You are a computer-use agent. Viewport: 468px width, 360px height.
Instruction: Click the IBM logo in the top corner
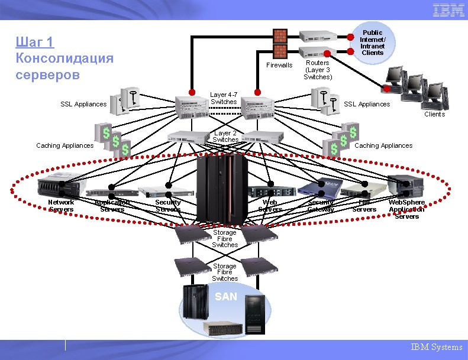coord(448,10)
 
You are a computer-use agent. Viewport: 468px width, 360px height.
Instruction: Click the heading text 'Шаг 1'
coord(34,42)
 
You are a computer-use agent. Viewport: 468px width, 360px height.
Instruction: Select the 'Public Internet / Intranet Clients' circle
coord(372,43)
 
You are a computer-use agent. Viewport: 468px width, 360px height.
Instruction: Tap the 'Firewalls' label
coord(279,65)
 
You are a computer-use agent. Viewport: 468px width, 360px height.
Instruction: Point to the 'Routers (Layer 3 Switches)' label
coord(318,70)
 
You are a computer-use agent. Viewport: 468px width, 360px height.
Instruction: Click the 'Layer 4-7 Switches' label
coord(224,98)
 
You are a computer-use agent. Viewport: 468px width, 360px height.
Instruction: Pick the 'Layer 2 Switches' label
coord(225,137)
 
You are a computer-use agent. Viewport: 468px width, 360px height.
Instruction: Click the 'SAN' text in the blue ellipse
coord(225,297)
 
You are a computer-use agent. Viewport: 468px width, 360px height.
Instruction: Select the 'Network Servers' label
coord(61,206)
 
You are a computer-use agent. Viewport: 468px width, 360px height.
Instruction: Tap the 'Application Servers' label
coord(112,206)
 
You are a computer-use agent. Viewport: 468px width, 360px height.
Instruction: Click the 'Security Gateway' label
coord(321,206)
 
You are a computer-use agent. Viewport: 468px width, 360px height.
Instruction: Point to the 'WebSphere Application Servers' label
coord(406,209)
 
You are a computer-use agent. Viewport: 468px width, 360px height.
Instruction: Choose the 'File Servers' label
coord(364,206)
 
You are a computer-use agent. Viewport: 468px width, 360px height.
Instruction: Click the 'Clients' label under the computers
coord(434,114)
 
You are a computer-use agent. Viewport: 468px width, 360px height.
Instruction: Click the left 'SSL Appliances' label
coord(83,104)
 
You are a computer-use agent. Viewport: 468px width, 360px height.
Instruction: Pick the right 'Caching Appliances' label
coord(383,145)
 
